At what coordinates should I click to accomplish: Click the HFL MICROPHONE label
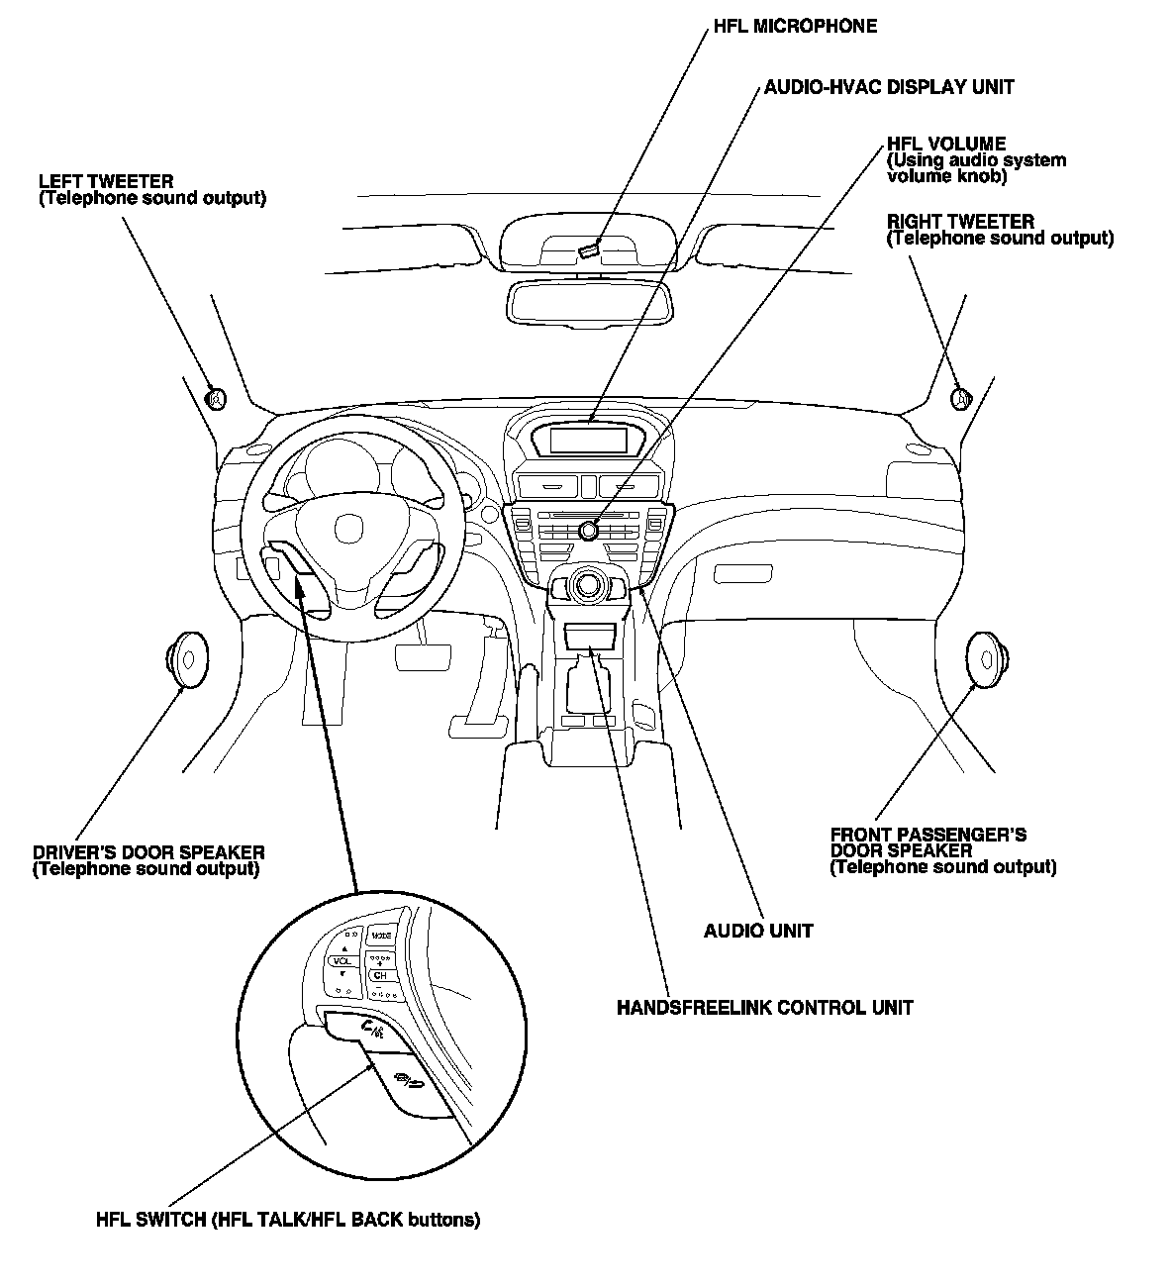(x=795, y=27)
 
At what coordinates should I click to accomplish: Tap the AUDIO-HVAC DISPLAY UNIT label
(x=888, y=87)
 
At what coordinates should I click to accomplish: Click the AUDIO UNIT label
(x=758, y=931)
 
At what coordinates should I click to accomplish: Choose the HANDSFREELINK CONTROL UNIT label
(x=764, y=1008)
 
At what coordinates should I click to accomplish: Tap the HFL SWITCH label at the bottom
(x=287, y=1220)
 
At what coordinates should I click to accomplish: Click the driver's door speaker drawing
(x=185, y=658)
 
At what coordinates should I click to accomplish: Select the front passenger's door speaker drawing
(x=986, y=658)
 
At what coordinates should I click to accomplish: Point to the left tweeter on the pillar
(x=215, y=398)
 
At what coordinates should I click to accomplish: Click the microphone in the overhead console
(x=589, y=248)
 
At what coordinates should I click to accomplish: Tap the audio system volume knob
(x=590, y=530)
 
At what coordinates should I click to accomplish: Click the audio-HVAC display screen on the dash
(x=588, y=439)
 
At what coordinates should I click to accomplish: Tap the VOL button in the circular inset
(x=342, y=961)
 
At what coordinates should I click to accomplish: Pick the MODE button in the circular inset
(x=381, y=936)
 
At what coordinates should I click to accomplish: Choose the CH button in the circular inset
(x=379, y=976)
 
